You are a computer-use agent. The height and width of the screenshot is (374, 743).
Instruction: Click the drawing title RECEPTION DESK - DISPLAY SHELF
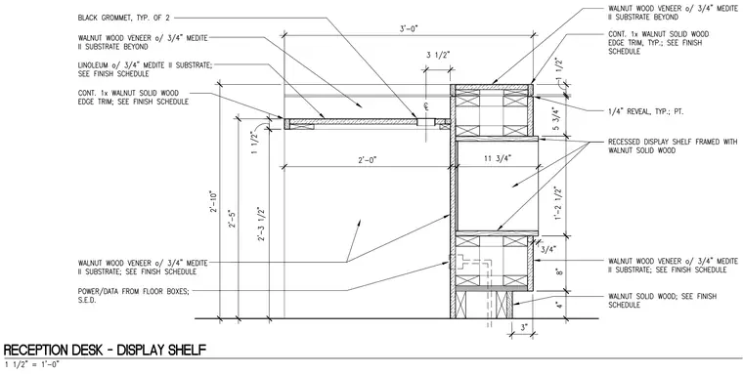105,350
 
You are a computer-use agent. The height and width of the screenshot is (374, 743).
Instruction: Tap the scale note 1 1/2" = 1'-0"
32,364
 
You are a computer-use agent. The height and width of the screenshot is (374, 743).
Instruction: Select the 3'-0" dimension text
409,28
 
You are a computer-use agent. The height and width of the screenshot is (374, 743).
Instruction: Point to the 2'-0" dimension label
368,160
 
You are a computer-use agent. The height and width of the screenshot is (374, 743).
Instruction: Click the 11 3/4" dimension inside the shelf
496,159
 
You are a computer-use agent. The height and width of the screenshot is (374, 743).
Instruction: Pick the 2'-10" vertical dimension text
213,202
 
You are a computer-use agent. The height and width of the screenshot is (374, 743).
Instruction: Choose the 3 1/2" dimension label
438,55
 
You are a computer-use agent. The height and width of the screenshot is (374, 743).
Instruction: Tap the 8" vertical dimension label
559,272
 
